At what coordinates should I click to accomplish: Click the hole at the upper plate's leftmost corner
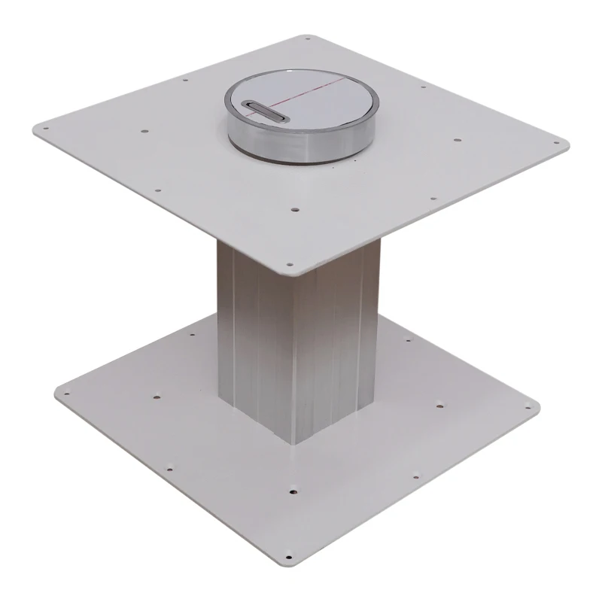coord(47,129)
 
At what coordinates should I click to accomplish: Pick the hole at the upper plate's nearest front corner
coord(287,264)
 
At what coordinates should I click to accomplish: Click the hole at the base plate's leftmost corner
coord(64,392)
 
